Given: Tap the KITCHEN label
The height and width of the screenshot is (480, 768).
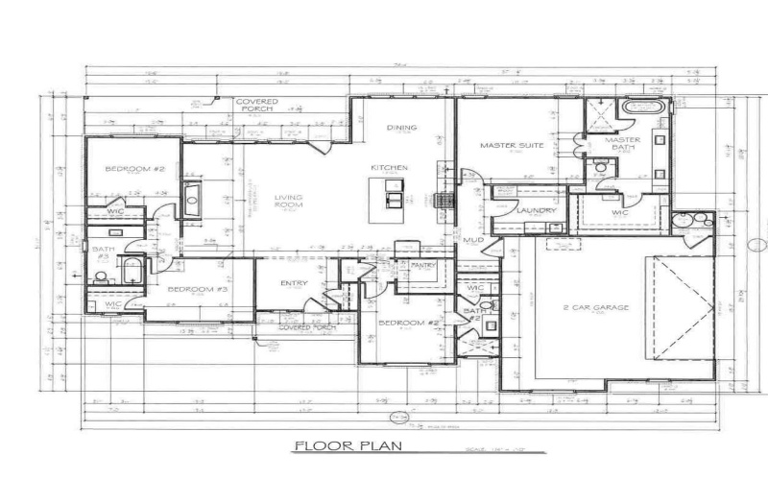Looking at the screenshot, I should pyautogui.click(x=391, y=167).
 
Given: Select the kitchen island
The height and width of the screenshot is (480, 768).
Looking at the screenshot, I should pyautogui.click(x=394, y=192).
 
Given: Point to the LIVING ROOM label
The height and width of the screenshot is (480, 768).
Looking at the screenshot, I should pyautogui.click(x=288, y=202).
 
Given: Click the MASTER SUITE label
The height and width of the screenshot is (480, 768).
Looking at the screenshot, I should pyautogui.click(x=512, y=146).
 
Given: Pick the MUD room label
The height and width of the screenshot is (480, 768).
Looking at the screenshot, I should pyautogui.click(x=472, y=240).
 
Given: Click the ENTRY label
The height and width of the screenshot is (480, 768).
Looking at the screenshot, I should pyautogui.click(x=294, y=283).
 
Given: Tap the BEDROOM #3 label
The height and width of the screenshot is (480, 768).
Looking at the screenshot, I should pyautogui.click(x=197, y=289).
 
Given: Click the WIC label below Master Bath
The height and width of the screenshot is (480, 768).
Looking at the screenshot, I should pyautogui.click(x=619, y=212).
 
